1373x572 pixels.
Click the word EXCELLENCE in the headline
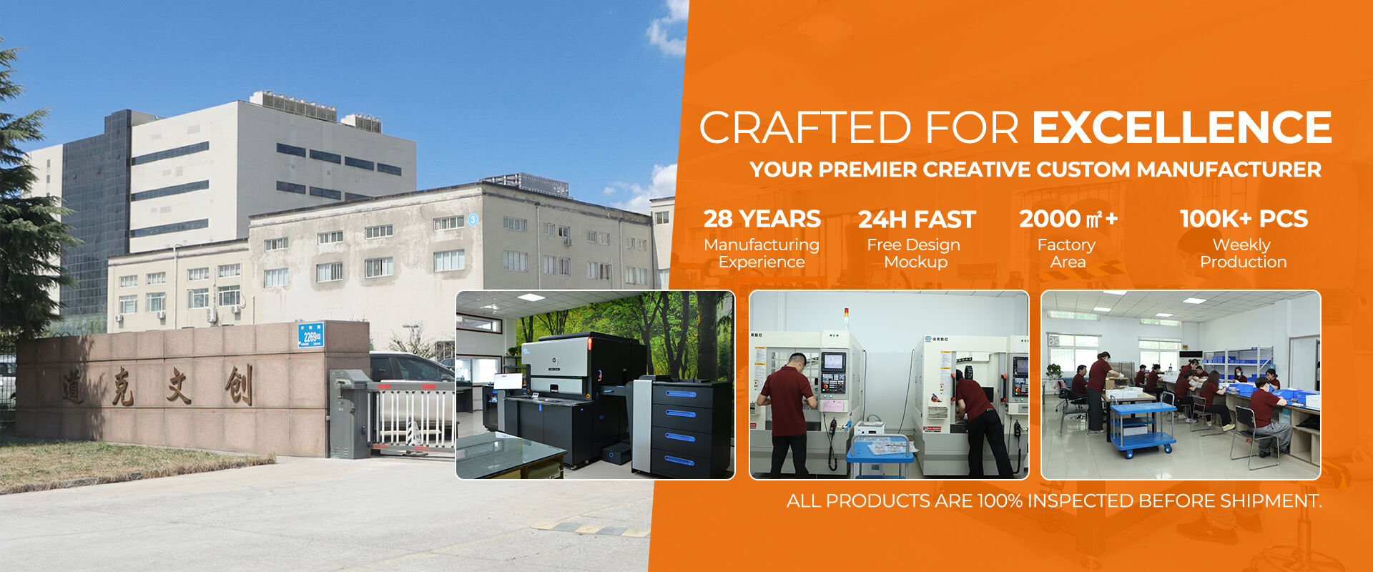coord(1181,127)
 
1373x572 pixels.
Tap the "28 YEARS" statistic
coord(762,219)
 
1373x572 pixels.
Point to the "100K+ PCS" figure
coord(1244,219)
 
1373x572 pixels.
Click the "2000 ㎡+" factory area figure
coord(1068,219)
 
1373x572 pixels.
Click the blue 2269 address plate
coord(311,335)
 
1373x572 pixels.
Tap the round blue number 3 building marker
coord(473,220)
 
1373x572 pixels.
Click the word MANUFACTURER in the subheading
coord(1229,169)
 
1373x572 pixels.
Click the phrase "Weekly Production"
coord(1243,253)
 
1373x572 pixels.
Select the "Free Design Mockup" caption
coord(915,253)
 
